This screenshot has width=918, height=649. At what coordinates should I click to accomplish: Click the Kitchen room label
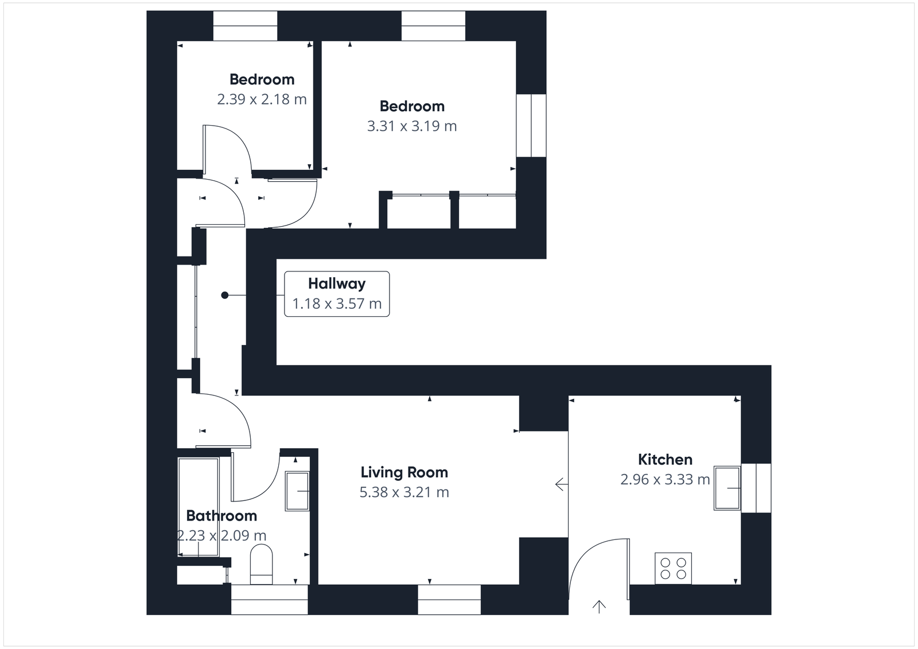click(x=665, y=460)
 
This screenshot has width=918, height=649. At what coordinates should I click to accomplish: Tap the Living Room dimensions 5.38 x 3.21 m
click(x=404, y=492)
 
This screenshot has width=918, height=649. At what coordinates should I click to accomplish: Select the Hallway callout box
click(x=337, y=294)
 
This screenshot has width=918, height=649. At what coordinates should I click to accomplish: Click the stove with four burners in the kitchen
click(x=673, y=568)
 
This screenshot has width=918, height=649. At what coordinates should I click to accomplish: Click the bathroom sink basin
click(x=297, y=491)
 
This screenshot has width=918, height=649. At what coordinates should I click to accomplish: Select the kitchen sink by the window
click(x=726, y=488)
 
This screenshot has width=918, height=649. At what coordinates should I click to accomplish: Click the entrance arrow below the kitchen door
click(x=599, y=607)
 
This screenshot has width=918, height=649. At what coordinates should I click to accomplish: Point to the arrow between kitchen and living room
click(x=561, y=485)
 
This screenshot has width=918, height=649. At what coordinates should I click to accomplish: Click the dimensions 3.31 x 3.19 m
click(x=412, y=126)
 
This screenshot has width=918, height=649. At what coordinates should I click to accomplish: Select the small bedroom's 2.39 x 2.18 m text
click(x=262, y=99)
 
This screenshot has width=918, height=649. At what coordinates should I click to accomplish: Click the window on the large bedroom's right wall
click(x=531, y=126)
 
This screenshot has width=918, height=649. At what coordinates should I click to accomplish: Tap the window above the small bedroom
click(x=245, y=26)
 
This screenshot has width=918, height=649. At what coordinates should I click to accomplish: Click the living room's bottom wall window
click(x=449, y=600)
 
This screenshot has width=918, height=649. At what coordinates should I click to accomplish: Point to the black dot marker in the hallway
click(x=225, y=295)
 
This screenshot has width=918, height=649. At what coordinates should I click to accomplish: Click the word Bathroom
click(x=221, y=516)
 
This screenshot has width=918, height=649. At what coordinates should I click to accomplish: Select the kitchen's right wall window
click(x=756, y=488)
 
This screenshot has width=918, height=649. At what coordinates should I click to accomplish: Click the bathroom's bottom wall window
click(x=269, y=600)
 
